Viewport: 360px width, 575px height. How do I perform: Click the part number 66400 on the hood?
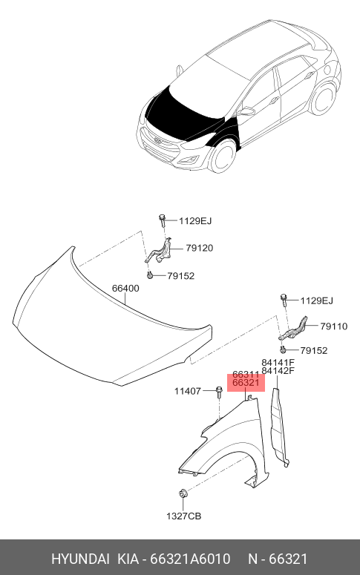[125, 288]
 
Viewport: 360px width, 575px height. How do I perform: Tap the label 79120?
[199, 249]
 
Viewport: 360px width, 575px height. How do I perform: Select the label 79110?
[333, 326]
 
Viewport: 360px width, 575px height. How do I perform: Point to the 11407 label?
[188, 391]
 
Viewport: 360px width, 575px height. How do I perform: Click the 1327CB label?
[183, 516]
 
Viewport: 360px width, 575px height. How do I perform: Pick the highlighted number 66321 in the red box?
[246, 383]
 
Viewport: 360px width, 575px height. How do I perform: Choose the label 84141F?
[278, 363]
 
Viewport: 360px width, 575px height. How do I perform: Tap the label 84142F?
[278, 371]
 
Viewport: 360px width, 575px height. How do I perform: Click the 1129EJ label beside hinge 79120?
[195, 221]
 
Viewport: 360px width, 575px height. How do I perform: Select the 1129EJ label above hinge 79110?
[317, 301]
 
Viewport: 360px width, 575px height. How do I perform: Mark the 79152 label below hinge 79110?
[314, 351]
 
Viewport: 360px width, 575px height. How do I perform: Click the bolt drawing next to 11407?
[219, 392]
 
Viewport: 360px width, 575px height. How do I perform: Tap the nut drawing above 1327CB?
[183, 493]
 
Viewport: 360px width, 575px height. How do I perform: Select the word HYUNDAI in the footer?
[80, 559]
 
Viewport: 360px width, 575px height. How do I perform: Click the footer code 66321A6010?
[191, 559]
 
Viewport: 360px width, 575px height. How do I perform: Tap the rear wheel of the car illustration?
[324, 99]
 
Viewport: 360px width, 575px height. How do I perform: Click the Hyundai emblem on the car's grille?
[158, 141]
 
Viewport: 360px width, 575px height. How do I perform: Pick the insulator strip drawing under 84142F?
[279, 427]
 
